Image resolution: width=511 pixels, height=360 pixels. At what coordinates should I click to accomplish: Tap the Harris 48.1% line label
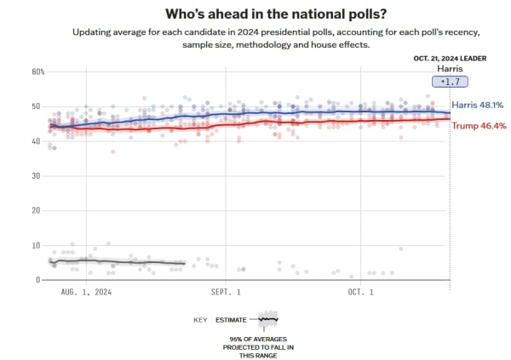(x=477, y=105)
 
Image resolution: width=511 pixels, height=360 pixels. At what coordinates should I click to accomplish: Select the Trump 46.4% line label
(x=479, y=125)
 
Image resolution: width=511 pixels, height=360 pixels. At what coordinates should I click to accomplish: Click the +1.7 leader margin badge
(x=451, y=82)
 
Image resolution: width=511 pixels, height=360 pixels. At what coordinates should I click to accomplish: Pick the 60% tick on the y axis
(x=37, y=71)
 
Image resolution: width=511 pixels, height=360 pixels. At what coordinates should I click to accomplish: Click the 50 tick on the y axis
(x=36, y=106)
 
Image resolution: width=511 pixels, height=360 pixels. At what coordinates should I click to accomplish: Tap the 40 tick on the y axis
(x=36, y=141)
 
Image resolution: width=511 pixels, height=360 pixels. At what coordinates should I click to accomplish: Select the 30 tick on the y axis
(x=36, y=176)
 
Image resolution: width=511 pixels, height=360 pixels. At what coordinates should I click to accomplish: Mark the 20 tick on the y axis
(x=36, y=210)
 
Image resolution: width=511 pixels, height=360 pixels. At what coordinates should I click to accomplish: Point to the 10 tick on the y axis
(x=36, y=245)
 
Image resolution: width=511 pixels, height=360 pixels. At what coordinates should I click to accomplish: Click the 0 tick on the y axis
(x=38, y=280)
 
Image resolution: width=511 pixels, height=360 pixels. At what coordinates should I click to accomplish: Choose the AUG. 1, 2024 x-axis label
(x=86, y=292)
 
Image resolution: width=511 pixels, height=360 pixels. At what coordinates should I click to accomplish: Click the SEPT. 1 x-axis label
(x=227, y=292)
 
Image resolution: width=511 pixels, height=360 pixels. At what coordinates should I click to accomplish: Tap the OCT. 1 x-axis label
(x=361, y=292)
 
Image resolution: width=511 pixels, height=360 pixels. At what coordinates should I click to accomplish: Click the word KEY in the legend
(x=201, y=320)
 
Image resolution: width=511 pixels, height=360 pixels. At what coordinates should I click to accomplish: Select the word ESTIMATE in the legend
(x=232, y=320)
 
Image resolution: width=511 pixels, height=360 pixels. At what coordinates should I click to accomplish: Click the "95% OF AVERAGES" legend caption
(x=267, y=340)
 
